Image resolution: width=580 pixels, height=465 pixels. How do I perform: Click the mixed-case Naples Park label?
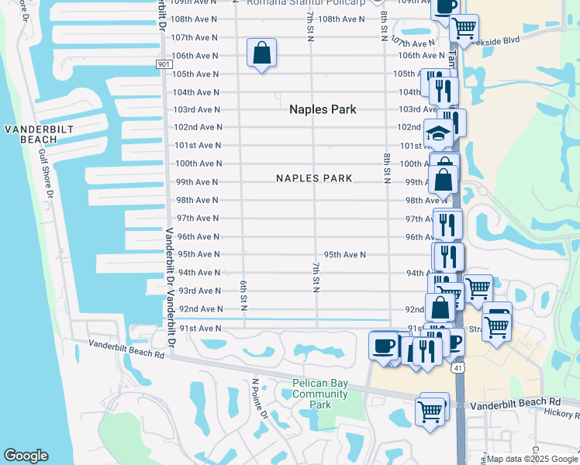[x=323, y=109]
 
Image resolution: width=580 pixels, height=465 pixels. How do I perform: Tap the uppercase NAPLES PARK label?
[x=314, y=178]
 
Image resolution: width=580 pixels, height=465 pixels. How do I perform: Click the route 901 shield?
[x=162, y=64]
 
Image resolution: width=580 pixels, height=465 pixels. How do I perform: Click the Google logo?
[x=26, y=456]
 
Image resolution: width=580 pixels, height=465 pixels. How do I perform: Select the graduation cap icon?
[x=439, y=133]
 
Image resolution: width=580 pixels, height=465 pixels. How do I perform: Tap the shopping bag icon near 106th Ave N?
[x=262, y=53]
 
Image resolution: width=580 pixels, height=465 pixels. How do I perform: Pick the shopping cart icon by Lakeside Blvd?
[x=464, y=29]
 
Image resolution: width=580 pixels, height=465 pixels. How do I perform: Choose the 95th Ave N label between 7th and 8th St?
[x=344, y=254]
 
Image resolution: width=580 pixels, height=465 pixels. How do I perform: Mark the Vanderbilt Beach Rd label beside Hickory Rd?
[x=515, y=403]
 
